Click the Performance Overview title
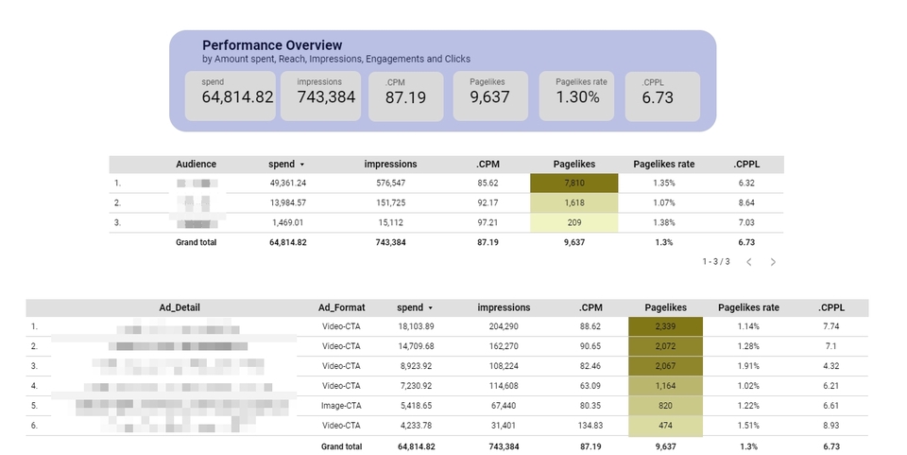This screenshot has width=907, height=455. tap(272, 45)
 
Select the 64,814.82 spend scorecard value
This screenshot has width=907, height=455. tap(238, 97)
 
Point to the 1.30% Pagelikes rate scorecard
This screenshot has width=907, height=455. tap(577, 97)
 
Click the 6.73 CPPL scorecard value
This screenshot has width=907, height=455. tap(659, 97)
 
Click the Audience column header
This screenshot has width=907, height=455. tap(196, 164)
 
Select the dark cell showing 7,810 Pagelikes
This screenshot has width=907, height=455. tap(574, 184)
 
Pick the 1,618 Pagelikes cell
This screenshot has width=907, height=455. tap(574, 202)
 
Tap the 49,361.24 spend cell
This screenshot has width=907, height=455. tap(288, 184)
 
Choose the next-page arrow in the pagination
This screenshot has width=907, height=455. tap(773, 262)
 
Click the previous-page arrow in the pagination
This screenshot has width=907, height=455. tap(748, 262)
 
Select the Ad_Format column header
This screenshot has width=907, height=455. tap(341, 307)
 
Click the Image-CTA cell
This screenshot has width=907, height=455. tap(341, 406)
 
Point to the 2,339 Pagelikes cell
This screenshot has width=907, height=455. tap(665, 326)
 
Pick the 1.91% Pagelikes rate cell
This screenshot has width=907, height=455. tap(749, 366)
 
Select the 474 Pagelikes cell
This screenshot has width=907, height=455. tap(665, 426)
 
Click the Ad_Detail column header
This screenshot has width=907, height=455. tap(180, 307)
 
